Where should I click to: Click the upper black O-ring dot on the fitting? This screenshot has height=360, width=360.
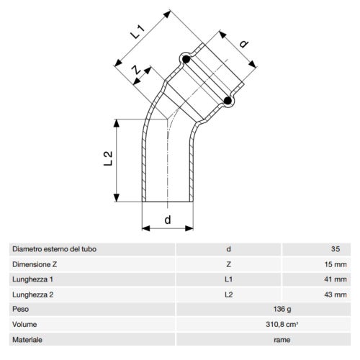coord(185,58)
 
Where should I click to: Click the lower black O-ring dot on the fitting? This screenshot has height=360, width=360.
coord(228,102)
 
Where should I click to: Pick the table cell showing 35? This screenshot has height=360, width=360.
coord(334,249)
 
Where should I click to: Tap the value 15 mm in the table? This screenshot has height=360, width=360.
coord(336,264)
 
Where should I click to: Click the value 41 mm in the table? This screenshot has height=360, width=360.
coord(336,279)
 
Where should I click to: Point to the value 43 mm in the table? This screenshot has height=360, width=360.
coord(336,294)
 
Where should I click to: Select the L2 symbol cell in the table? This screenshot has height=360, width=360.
coord(228,294)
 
